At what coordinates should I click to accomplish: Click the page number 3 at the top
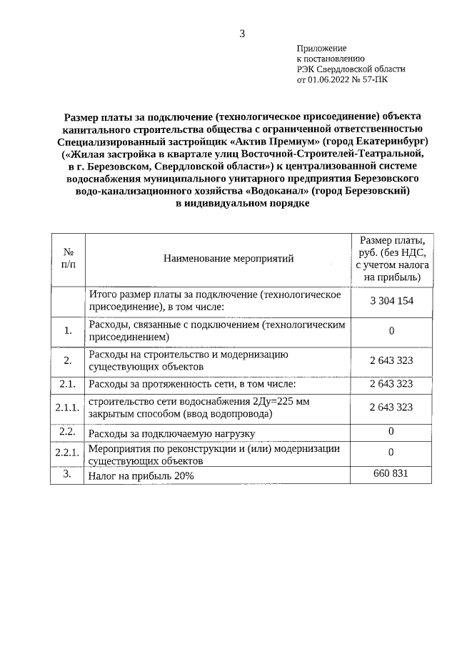(x=242, y=33)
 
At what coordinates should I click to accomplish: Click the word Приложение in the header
(x=321, y=46)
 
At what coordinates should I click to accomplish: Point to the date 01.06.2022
(x=328, y=80)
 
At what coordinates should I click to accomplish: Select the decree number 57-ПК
(x=377, y=80)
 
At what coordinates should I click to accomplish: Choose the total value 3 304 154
(x=391, y=301)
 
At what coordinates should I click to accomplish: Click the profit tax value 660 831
(x=391, y=474)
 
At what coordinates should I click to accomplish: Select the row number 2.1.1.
(x=68, y=408)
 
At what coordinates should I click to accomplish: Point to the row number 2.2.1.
(x=68, y=453)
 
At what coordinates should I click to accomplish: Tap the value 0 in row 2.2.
(x=391, y=430)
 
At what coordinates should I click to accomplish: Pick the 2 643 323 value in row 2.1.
(x=391, y=384)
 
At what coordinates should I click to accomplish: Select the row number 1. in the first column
(x=68, y=330)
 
